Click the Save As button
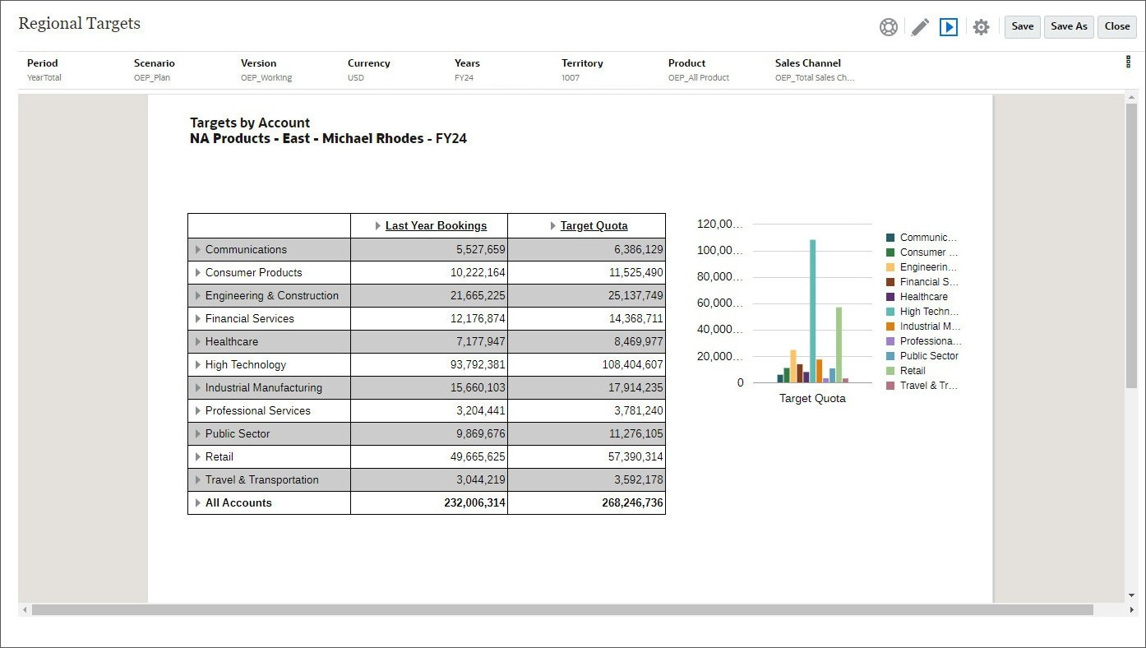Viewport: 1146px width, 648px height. pyautogui.click(x=1069, y=26)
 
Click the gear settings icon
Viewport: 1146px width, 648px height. pyautogui.click(x=981, y=27)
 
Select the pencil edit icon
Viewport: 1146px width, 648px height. pyautogui.click(x=920, y=27)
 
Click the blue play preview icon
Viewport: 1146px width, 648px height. pyautogui.click(x=949, y=27)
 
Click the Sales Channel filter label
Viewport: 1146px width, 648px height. pyautogui.click(x=807, y=62)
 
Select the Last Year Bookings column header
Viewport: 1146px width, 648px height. pyautogui.click(x=436, y=226)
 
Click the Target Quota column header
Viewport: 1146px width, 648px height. pyautogui.click(x=594, y=226)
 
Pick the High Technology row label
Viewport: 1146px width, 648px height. pyautogui.click(x=246, y=364)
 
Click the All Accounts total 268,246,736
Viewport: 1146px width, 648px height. pyautogui.click(x=631, y=502)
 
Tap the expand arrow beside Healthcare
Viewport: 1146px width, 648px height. pyautogui.click(x=198, y=341)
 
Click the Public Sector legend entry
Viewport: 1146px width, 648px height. pyautogui.click(x=928, y=356)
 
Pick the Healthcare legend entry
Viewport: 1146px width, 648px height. pyautogui.click(x=923, y=297)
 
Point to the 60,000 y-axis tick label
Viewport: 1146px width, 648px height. pyautogui.click(x=719, y=303)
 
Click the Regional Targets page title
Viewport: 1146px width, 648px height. pyautogui.click(x=80, y=23)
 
